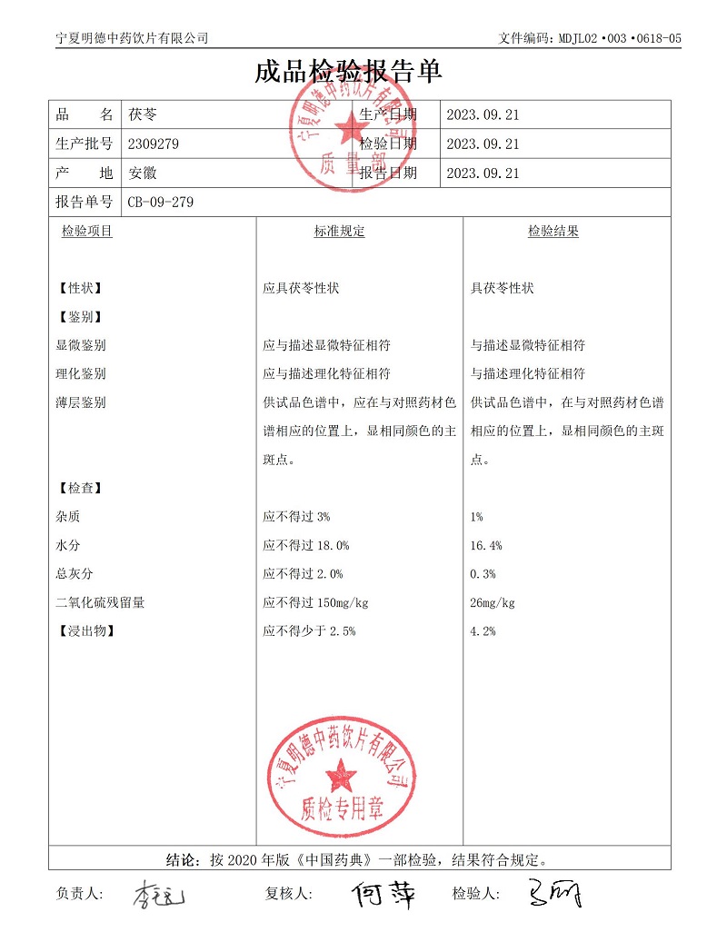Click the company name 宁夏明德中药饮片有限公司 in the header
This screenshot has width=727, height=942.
point(132,38)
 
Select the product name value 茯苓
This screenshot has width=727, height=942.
point(143,115)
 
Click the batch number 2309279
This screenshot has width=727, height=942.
point(154,144)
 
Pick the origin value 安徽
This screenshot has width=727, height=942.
point(143,173)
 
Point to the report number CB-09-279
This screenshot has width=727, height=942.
point(160,202)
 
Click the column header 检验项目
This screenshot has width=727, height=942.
point(87,232)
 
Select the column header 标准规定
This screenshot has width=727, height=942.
point(340,232)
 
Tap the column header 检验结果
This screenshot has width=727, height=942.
point(553,232)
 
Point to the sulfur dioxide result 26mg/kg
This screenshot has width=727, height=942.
point(493,603)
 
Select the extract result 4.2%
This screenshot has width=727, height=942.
point(483,631)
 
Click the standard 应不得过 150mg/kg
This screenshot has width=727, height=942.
point(315,603)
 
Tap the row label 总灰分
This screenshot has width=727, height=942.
point(75,574)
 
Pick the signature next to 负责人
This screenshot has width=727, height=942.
point(160,896)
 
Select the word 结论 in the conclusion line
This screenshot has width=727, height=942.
point(182,858)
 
